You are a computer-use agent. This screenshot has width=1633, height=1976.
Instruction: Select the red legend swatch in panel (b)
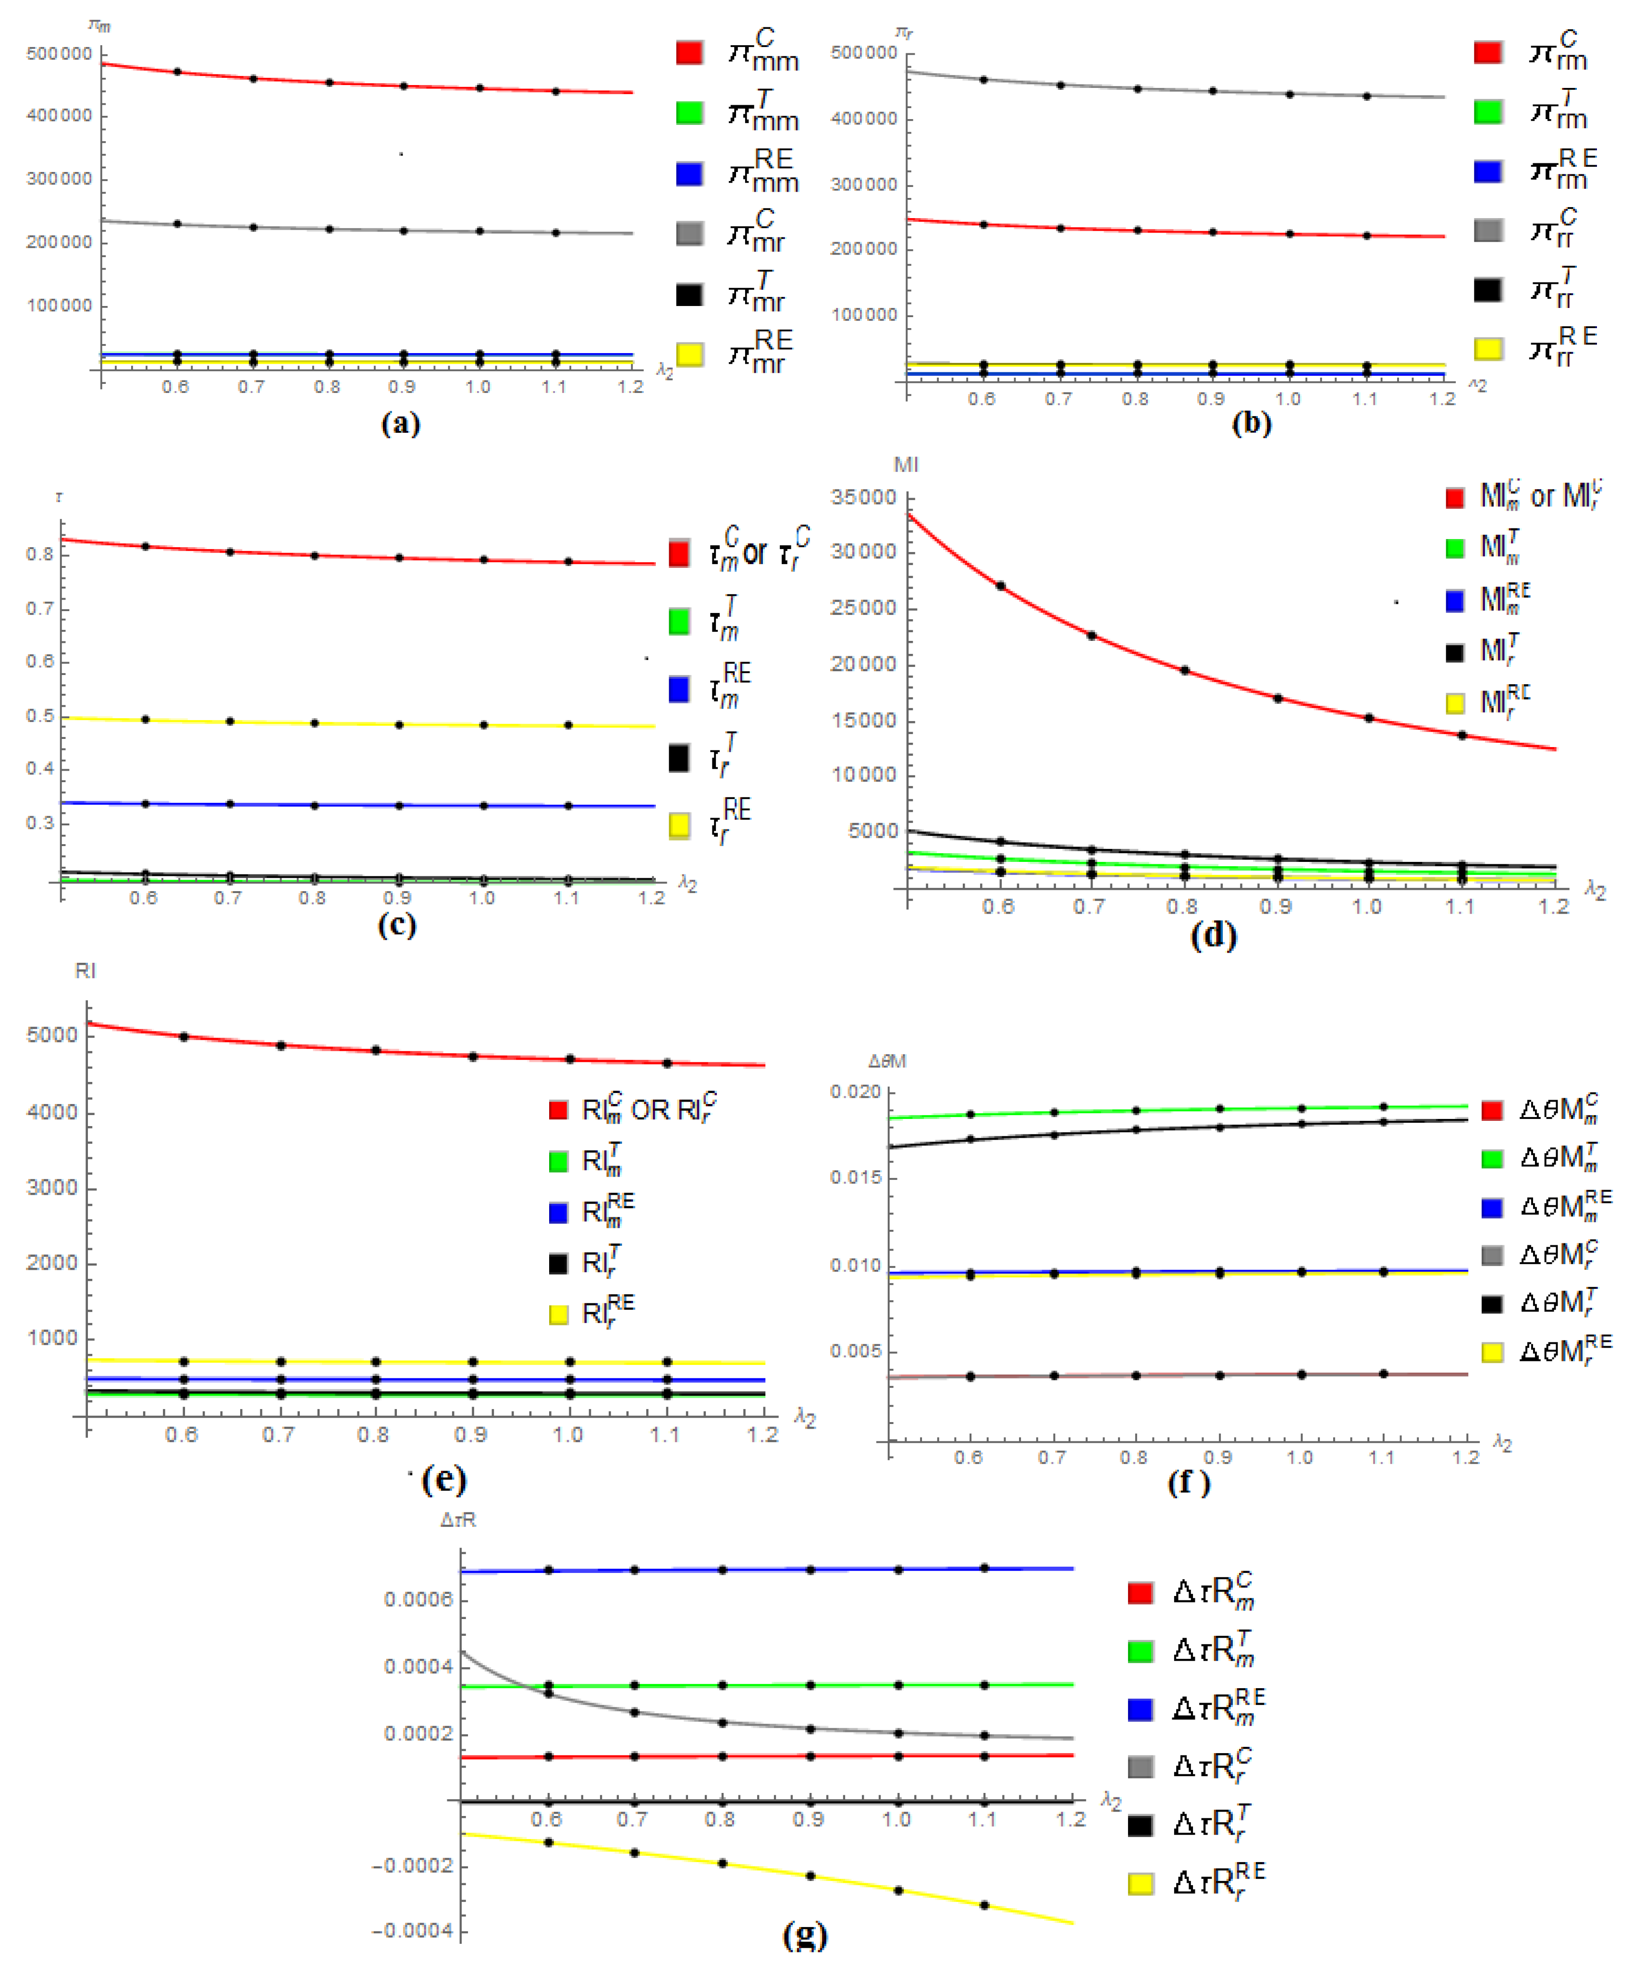click(1487, 53)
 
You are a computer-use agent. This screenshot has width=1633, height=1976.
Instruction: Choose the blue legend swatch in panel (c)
click(678, 689)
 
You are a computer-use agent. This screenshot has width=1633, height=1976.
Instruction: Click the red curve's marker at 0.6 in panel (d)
click(1001, 586)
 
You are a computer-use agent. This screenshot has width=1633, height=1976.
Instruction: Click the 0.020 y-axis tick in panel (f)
click(855, 1092)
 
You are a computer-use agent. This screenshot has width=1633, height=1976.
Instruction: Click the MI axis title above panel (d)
click(906, 465)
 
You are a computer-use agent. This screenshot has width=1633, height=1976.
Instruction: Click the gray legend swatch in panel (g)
click(1140, 1766)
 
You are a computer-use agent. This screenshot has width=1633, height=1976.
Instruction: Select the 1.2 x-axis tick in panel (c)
click(651, 898)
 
